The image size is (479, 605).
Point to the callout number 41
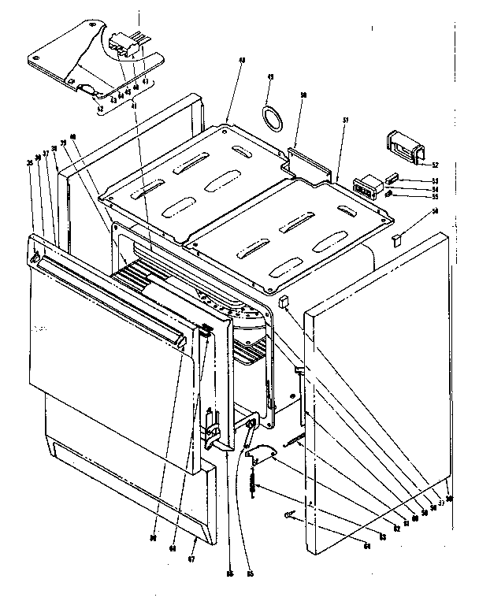133,104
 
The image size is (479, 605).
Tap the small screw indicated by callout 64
289,514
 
